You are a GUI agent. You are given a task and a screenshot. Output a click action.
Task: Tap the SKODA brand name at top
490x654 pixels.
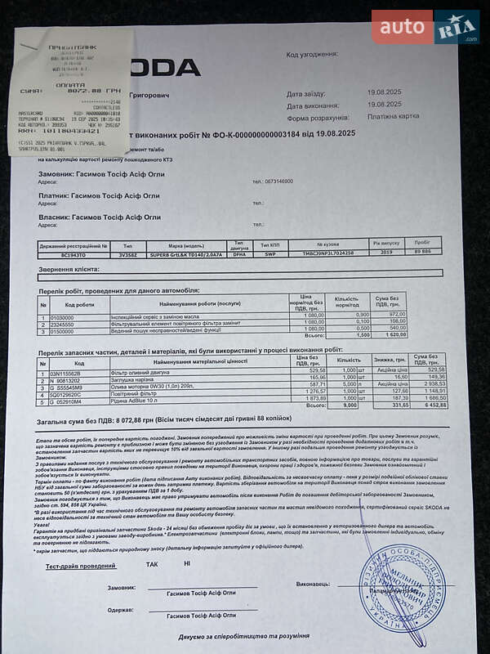pos(167,67)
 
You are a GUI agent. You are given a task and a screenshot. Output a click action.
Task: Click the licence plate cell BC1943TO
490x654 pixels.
pos(63,253)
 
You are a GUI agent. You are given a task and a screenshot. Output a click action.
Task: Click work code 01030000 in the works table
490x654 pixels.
pos(62,316)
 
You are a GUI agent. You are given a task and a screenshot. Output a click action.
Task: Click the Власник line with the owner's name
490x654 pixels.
pos(100,217)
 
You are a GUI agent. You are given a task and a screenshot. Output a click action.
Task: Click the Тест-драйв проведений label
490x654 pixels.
pos(81,564)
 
